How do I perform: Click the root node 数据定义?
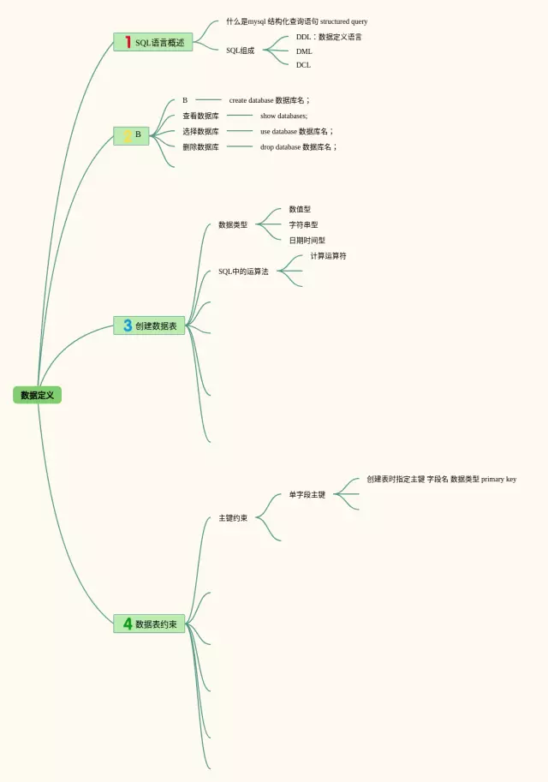(x=37, y=395)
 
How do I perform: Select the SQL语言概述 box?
(x=153, y=42)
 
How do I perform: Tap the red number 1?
(x=128, y=42)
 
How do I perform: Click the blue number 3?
(x=128, y=325)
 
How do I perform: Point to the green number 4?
(x=128, y=624)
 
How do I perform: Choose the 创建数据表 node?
(x=156, y=325)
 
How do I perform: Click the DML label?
(x=304, y=51)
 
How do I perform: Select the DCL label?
(x=303, y=65)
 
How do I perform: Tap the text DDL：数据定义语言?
(x=329, y=37)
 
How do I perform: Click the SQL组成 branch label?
(x=240, y=51)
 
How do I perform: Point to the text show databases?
(x=283, y=116)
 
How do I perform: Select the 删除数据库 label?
(x=200, y=146)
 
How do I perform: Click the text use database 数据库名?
(x=295, y=131)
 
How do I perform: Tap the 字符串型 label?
(x=303, y=224)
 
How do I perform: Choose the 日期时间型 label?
(x=307, y=241)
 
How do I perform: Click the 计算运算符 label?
(x=328, y=255)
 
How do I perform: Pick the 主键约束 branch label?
(x=233, y=517)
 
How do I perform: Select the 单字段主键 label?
(x=307, y=494)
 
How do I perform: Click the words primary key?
(x=498, y=479)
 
